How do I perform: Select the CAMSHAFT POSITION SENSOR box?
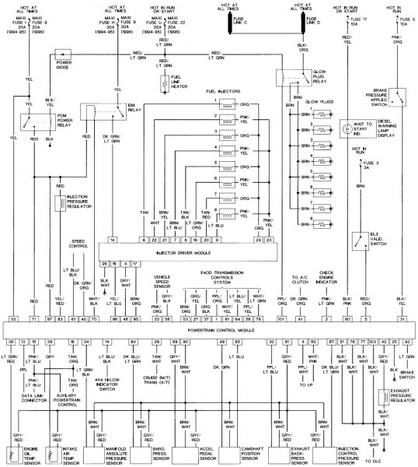tap(239, 453)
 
